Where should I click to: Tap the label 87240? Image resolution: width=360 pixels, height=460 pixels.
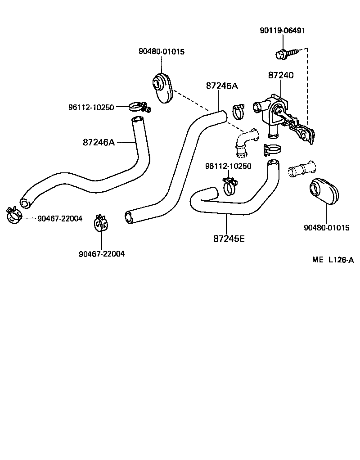click(x=281, y=75)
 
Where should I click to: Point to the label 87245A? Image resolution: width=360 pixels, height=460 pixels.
click(x=221, y=86)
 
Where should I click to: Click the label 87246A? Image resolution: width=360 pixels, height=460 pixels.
click(x=99, y=142)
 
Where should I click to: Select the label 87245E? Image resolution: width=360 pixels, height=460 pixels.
click(x=229, y=238)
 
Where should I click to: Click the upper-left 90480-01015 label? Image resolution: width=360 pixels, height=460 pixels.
click(x=161, y=51)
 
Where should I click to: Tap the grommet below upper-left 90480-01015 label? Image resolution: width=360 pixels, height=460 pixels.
click(x=162, y=88)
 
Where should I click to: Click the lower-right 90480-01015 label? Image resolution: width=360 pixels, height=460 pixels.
click(x=326, y=228)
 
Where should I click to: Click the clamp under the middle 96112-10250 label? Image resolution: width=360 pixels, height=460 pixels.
click(x=229, y=186)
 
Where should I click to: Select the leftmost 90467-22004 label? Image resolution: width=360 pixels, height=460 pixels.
click(x=60, y=219)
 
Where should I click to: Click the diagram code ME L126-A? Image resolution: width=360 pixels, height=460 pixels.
click(x=333, y=260)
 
